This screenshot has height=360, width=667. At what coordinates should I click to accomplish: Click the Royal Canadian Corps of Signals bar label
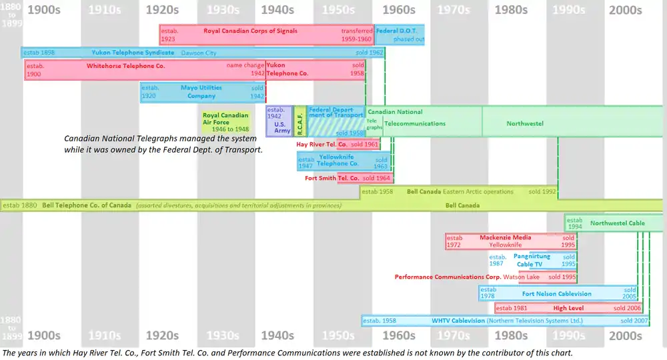click(x=250, y=31)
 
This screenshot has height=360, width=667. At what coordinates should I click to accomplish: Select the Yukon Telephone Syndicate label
click(x=133, y=53)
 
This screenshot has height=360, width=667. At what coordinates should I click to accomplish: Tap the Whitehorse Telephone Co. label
click(x=125, y=66)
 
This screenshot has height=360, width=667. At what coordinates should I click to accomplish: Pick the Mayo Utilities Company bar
click(x=201, y=91)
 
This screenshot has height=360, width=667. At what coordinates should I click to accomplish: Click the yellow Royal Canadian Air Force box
click(x=225, y=122)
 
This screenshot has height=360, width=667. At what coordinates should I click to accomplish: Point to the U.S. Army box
click(x=279, y=121)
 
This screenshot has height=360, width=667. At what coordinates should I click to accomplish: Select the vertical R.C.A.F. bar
click(x=300, y=121)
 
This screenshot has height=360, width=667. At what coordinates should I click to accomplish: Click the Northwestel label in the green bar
click(x=525, y=123)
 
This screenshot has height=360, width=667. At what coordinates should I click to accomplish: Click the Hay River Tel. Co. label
click(x=321, y=144)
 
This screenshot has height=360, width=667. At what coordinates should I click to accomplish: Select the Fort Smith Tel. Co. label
click(x=331, y=178)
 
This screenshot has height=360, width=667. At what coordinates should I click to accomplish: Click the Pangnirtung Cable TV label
click(x=532, y=260)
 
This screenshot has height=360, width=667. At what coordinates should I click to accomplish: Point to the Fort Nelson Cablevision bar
click(x=556, y=293)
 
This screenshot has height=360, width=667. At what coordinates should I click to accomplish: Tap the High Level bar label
click(x=568, y=308)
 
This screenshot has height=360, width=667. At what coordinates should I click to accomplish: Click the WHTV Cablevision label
click(x=458, y=321)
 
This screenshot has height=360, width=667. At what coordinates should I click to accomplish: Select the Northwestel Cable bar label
click(x=617, y=223)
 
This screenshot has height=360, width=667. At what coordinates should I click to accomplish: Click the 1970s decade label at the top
click(x=454, y=10)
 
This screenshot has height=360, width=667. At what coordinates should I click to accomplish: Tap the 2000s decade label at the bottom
click(x=625, y=335)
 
